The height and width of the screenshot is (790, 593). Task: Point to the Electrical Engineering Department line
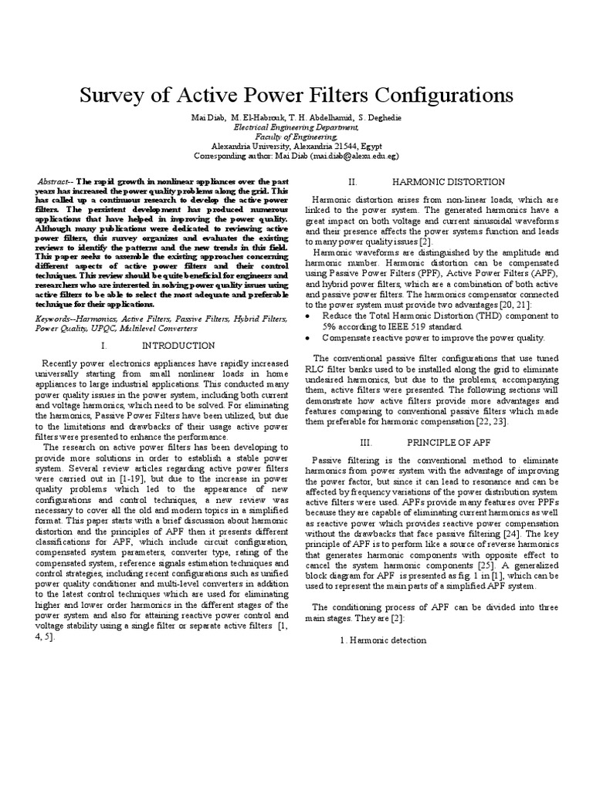point(296,127)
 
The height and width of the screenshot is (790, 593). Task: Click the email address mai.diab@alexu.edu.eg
point(354,155)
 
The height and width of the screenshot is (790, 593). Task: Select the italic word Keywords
point(57,317)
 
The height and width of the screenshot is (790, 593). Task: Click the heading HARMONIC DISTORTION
point(437,182)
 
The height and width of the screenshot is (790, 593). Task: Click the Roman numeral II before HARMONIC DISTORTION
point(352,182)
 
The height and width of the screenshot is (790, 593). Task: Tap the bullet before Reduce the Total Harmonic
point(309,316)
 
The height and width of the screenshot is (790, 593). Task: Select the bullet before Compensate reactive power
point(309,337)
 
